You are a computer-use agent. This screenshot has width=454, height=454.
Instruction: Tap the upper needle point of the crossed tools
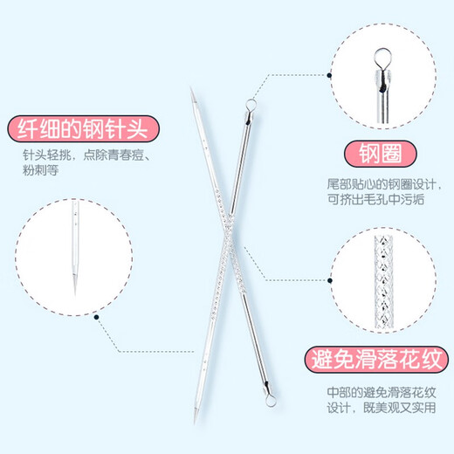tap(189, 90)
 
